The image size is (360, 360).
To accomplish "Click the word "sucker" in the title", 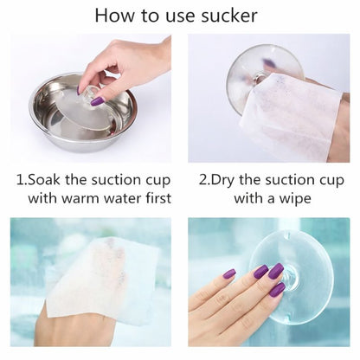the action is coord(229,16).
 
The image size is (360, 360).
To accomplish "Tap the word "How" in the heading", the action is coord(114,16).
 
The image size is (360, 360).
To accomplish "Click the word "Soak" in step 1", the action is coord(44,180).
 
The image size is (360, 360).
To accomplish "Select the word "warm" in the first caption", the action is coord(80,198).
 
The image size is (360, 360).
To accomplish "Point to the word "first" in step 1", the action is coord(158,198).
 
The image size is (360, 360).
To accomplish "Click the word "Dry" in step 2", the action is coord(222,181).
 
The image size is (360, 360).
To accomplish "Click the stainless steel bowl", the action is coord(83,112).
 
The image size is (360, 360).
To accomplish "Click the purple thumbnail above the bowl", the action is coord(97,101).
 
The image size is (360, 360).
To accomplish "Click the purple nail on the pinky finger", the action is coord(229,273).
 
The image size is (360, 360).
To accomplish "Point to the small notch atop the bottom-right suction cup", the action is coord(286,235).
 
